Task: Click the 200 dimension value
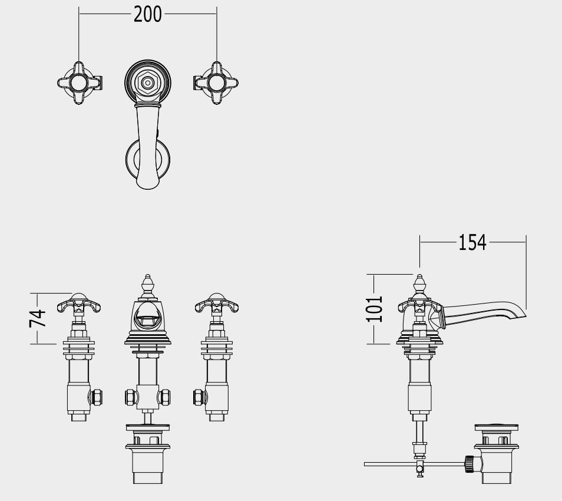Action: (148, 14)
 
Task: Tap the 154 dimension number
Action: (472, 242)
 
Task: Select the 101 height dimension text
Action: (375, 309)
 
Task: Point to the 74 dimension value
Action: (38, 318)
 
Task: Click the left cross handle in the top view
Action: (79, 83)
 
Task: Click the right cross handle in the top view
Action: (216, 83)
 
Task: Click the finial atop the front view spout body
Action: (147, 285)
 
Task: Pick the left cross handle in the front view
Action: (79, 304)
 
